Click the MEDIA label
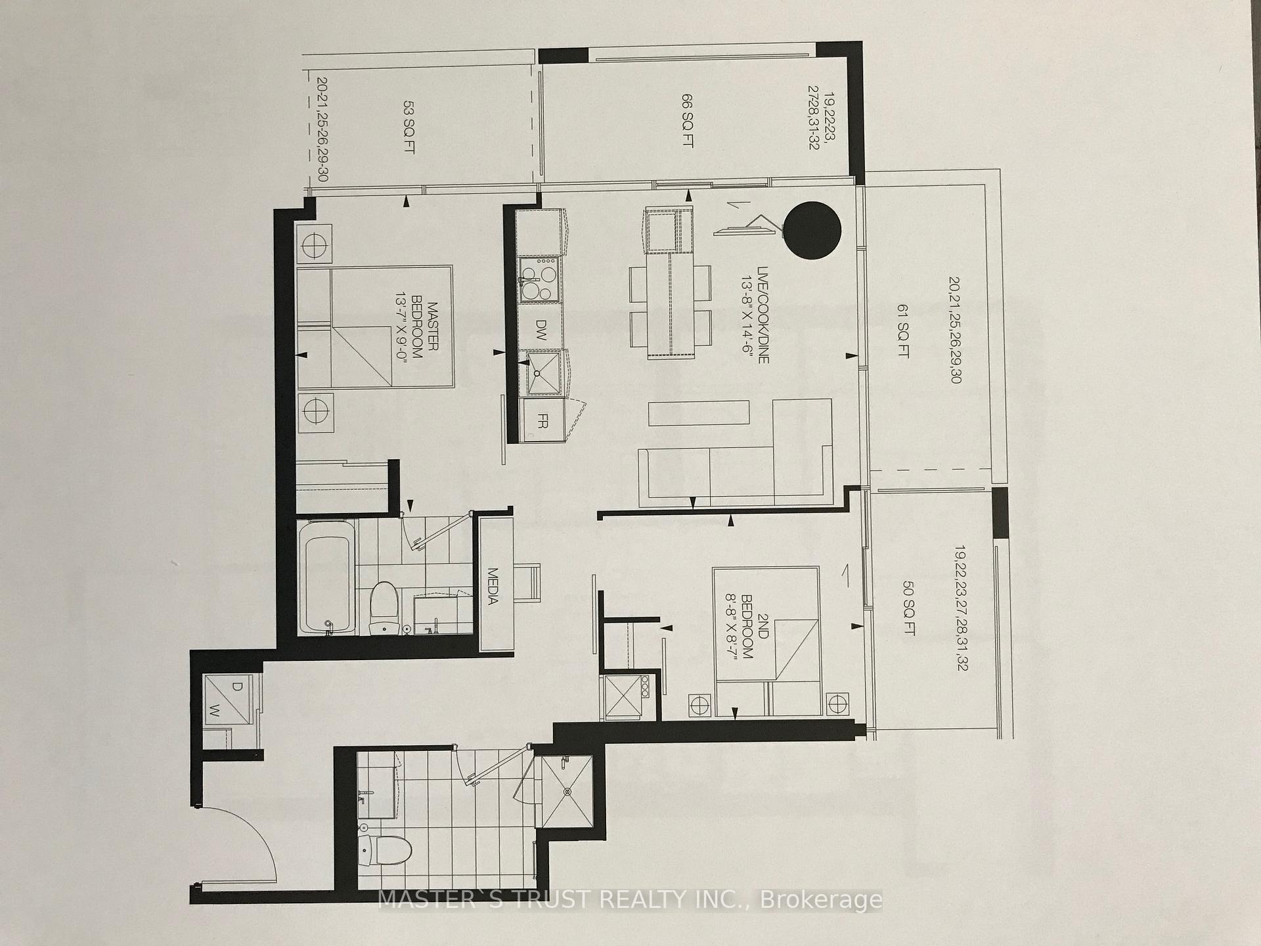point(495,585)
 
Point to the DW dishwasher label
point(541,327)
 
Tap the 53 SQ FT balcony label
point(409,127)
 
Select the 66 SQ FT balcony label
point(687,120)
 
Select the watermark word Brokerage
point(821,899)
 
